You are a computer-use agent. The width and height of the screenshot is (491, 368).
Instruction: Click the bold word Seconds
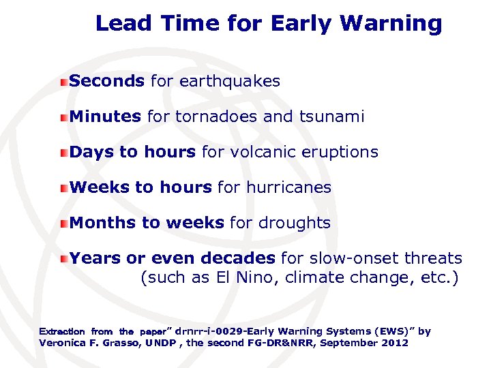coord(107,81)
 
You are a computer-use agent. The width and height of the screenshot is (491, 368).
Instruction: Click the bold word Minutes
coord(105,117)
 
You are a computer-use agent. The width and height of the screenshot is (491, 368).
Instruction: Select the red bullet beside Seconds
coord(63,82)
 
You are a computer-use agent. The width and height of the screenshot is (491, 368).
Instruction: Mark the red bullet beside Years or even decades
coord(63,259)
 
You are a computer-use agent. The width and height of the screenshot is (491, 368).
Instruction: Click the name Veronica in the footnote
coord(64,343)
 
